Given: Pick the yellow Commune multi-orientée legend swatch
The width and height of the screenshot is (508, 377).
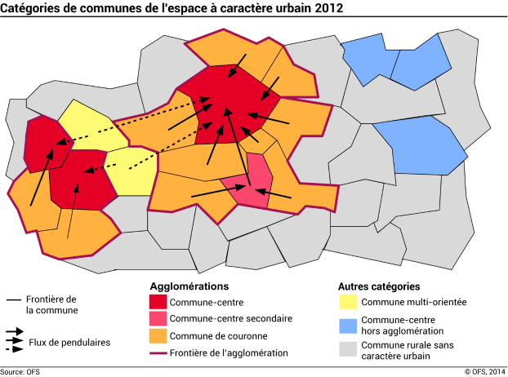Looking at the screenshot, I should [347, 302].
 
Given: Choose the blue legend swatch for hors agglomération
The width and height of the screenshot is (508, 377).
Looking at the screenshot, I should [347, 325].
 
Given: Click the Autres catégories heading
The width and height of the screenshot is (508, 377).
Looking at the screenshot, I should [379, 287].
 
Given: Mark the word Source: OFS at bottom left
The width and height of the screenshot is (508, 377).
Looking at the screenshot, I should [20, 371].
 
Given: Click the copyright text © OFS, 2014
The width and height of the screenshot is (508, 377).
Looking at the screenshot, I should [485, 371].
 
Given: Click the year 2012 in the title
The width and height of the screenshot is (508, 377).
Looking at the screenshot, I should [326, 8].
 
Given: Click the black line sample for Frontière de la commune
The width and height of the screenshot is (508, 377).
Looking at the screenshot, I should [14, 300].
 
